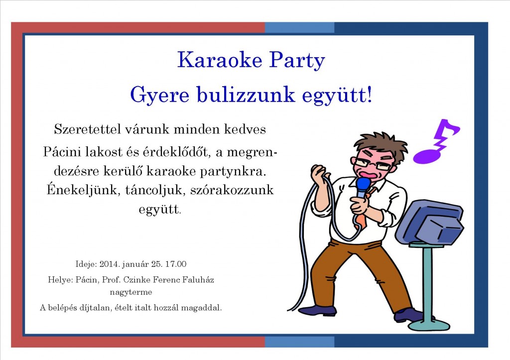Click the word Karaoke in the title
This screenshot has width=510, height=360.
click(x=220, y=60)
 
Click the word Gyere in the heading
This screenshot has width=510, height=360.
click(x=159, y=96)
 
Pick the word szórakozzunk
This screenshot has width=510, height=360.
click(x=232, y=190)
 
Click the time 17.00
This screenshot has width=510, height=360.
click(x=176, y=264)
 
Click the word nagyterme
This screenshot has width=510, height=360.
click(x=131, y=292)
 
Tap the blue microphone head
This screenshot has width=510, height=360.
click(x=363, y=185)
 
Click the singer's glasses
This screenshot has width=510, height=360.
click(x=374, y=164)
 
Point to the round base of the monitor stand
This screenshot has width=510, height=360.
click(x=429, y=324)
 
